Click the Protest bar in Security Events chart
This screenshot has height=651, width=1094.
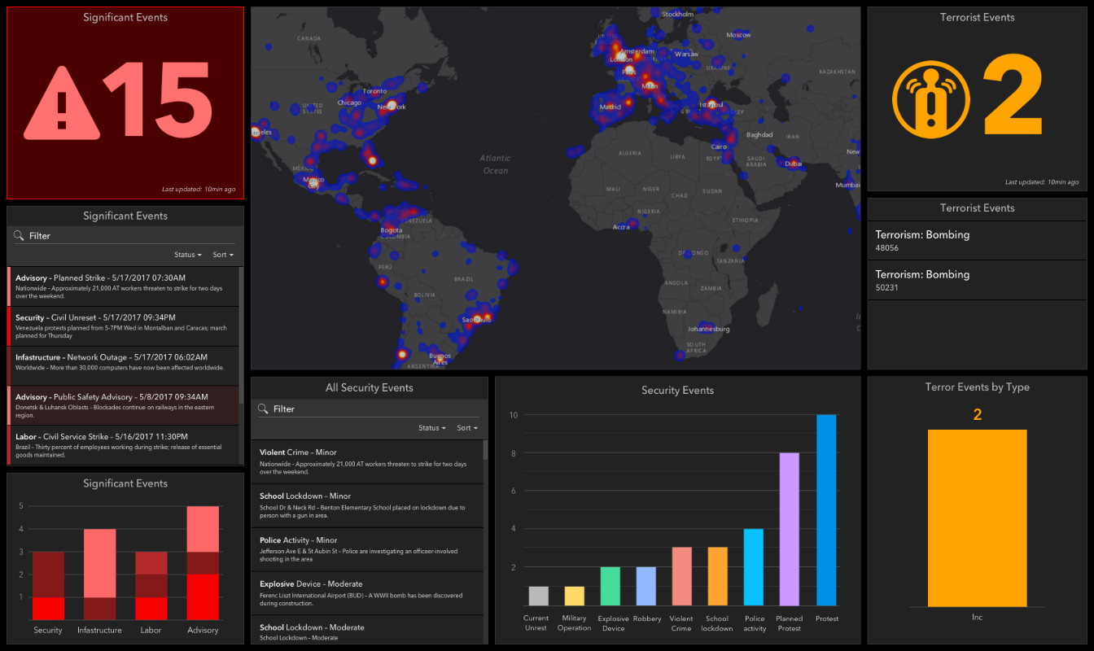(x=826, y=510)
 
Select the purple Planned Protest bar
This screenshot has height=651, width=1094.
(x=789, y=529)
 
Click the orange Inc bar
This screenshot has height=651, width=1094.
(x=977, y=518)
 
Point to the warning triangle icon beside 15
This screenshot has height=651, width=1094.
(x=61, y=103)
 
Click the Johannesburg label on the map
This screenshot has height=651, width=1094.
(x=708, y=329)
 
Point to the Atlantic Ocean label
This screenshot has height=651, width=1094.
(x=495, y=164)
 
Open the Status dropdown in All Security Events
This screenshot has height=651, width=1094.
(x=431, y=428)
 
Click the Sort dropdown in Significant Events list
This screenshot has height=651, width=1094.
(x=223, y=255)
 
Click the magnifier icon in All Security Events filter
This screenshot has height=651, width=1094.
(x=264, y=409)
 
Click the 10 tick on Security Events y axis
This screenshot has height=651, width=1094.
(x=514, y=415)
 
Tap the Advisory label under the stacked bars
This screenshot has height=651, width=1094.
(x=203, y=630)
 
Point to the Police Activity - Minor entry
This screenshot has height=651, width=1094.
(x=366, y=550)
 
